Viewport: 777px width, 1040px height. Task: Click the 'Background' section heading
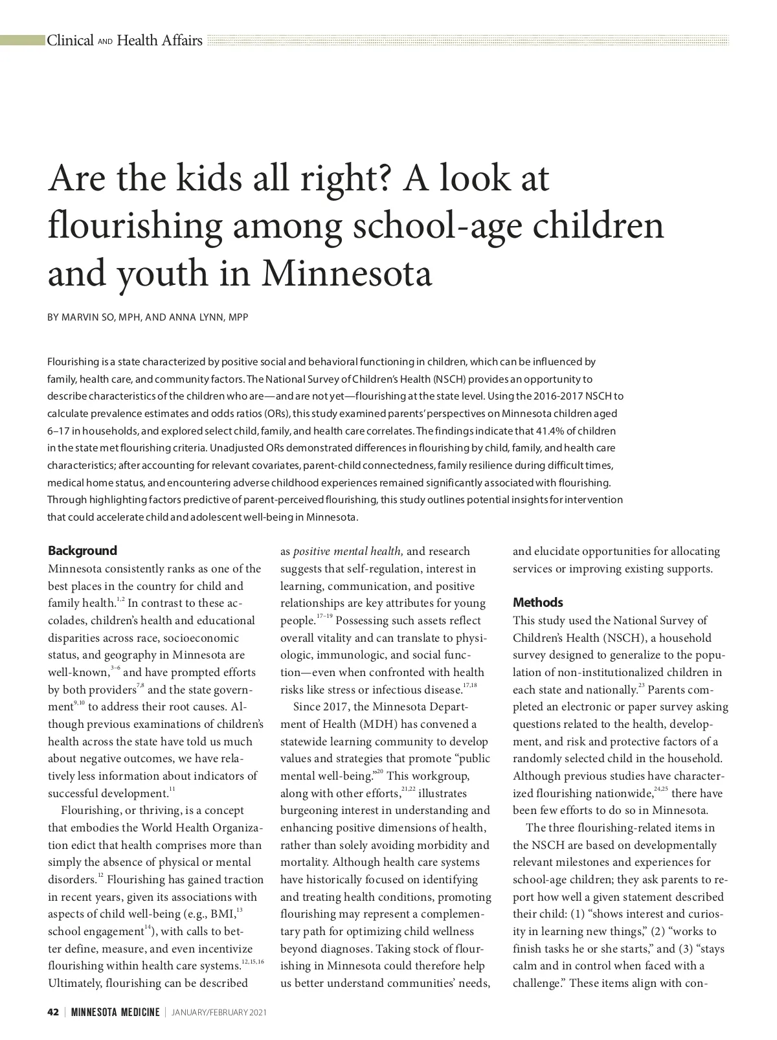pos(82,551)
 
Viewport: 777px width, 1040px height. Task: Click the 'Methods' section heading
pos(537,603)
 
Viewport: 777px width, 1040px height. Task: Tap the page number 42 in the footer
pos(53,1013)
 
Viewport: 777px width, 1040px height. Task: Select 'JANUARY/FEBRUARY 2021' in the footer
pos(219,1013)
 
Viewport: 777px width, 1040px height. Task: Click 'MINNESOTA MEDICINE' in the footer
pos(115,1013)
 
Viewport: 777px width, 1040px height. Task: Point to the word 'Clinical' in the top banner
pos(70,41)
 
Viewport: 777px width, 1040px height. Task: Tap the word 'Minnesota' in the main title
pos(346,274)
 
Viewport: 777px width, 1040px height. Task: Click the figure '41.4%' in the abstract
pos(550,431)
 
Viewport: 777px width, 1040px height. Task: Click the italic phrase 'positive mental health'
pos(348,552)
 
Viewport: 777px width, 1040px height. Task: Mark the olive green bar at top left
pos(22,41)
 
